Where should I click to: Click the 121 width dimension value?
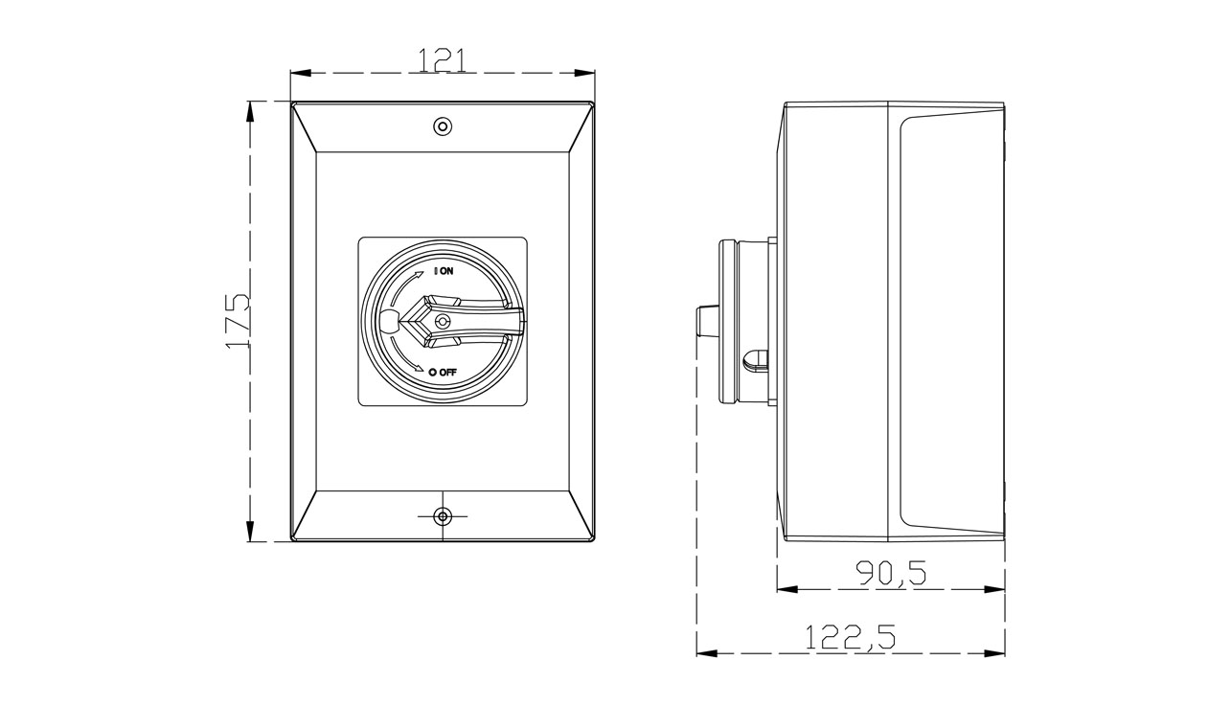[x=443, y=59]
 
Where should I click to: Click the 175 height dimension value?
[x=238, y=321]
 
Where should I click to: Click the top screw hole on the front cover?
[x=442, y=126]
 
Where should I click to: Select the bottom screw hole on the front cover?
[x=442, y=516]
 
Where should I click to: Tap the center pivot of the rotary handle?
[x=442, y=322]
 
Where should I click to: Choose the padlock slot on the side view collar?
[x=756, y=359]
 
